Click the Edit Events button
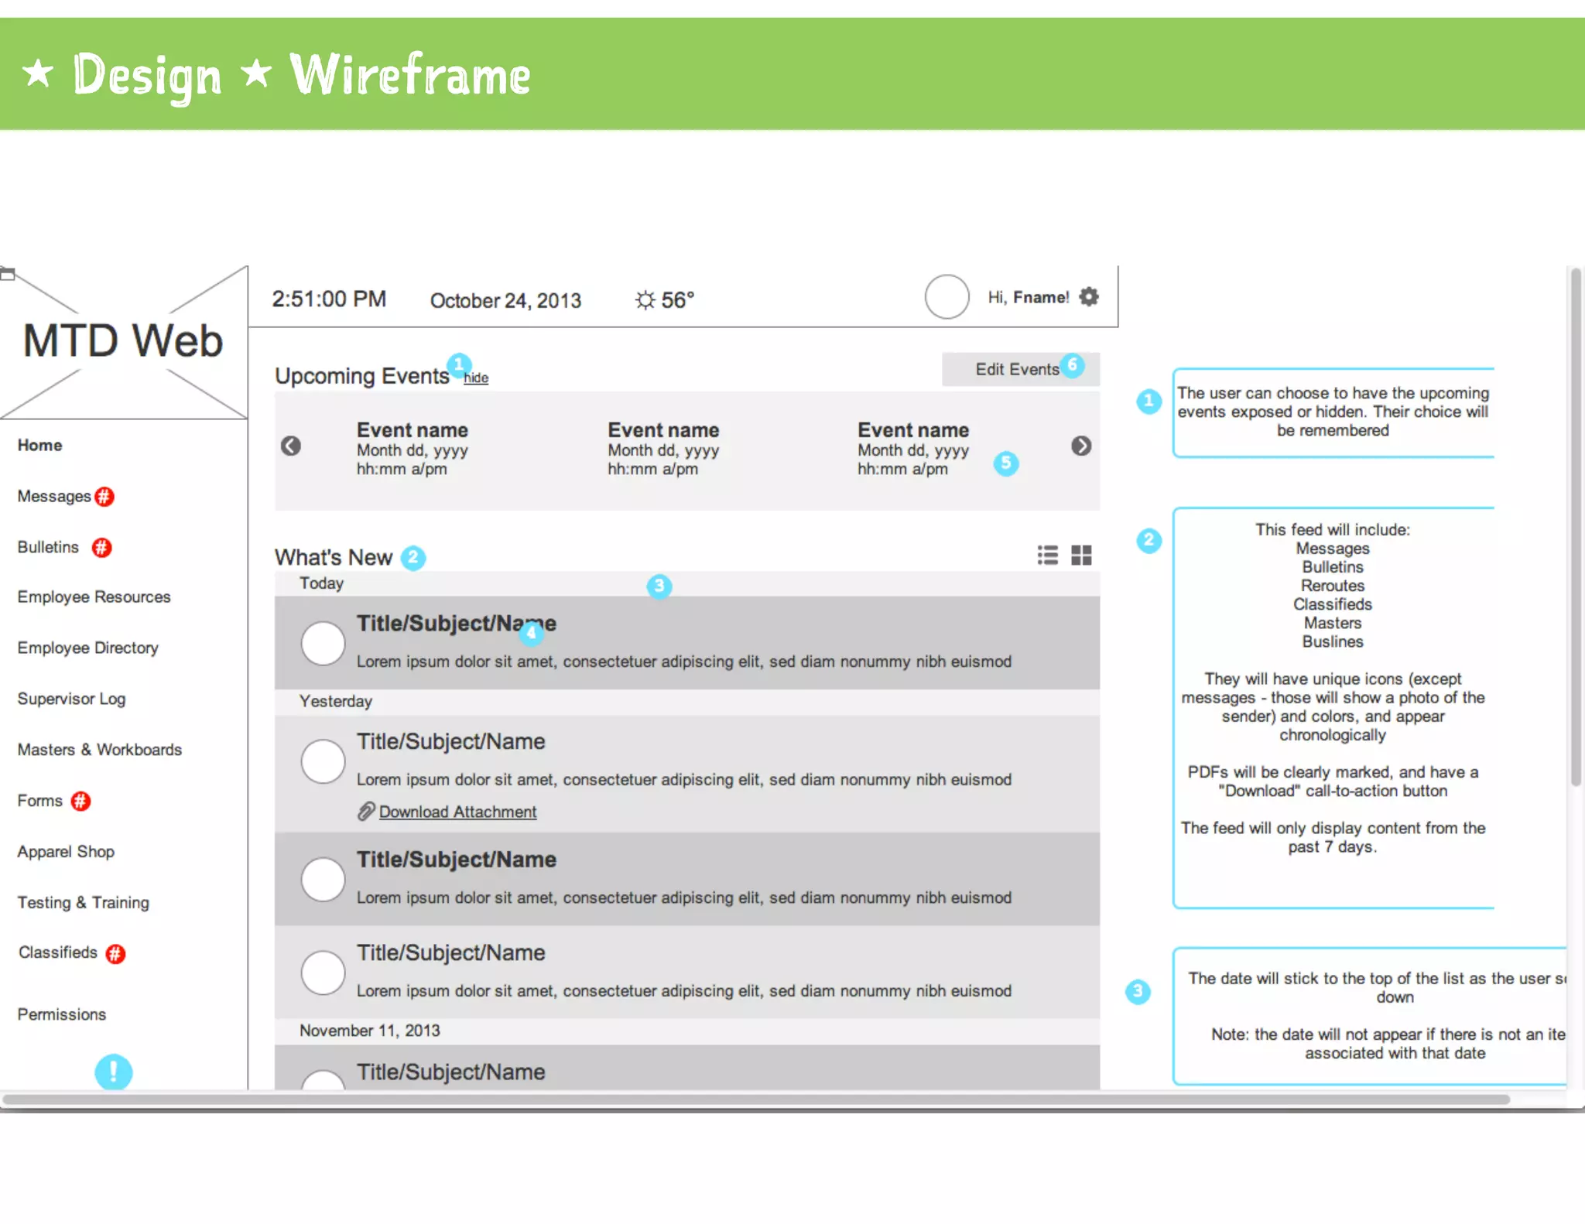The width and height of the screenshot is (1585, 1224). tap(1016, 369)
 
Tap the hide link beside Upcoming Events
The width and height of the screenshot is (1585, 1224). tap(476, 378)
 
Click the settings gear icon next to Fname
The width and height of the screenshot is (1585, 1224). tap(1089, 297)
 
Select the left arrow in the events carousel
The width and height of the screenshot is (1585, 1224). tap(291, 446)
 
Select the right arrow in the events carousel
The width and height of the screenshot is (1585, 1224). tap(1081, 446)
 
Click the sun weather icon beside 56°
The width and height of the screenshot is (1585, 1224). tap(645, 299)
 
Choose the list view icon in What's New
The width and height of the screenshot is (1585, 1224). tap(1047, 555)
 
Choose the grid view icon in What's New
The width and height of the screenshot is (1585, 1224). tap(1081, 555)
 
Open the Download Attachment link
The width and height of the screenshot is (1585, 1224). tap(457, 812)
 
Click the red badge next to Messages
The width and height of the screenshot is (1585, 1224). tap(104, 497)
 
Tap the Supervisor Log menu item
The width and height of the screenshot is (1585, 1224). tap(71, 699)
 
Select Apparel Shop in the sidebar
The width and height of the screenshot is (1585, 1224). tap(66, 851)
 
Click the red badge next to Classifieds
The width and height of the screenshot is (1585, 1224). tap(115, 953)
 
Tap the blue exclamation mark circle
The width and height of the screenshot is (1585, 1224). tap(114, 1072)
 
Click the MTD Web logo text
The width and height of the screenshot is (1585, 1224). tap(123, 341)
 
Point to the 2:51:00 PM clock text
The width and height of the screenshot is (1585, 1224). tap(329, 299)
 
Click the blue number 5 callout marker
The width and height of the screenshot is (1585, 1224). tap(1005, 463)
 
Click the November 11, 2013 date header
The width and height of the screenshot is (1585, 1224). tap(369, 1031)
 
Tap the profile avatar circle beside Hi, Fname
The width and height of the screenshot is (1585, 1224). tap(947, 297)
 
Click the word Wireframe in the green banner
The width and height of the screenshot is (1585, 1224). tap(409, 76)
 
